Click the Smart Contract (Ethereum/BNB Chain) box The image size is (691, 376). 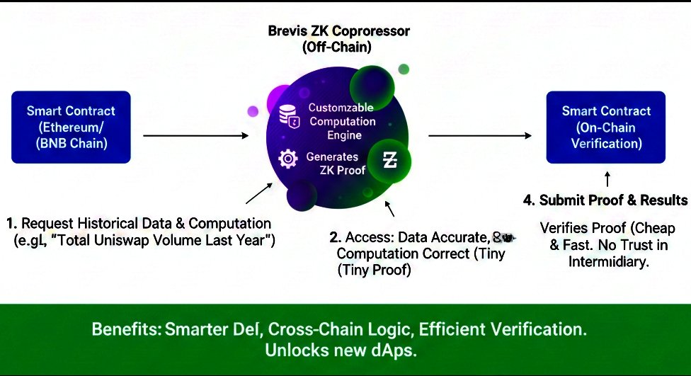click(x=71, y=127)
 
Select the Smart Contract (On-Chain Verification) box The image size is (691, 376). click(x=606, y=127)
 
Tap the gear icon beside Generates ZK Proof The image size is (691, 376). click(x=287, y=159)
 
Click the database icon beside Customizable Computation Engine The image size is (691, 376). click(x=290, y=116)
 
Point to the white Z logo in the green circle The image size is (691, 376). click(x=389, y=160)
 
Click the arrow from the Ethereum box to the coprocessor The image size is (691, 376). click(x=196, y=136)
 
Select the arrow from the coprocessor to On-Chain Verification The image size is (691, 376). click(x=480, y=136)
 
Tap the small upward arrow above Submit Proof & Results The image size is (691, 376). click(x=607, y=179)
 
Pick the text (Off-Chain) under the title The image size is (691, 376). click(x=337, y=47)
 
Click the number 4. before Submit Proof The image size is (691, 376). click(x=529, y=200)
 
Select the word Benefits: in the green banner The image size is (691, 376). click(x=127, y=329)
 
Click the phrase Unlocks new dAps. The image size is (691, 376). click(x=341, y=351)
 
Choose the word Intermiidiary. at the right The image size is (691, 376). click(x=609, y=262)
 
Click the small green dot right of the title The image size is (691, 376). click(x=404, y=69)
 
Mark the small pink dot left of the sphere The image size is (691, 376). click(x=253, y=111)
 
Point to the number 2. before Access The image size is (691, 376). click(x=336, y=238)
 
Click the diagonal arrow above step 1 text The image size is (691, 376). click(x=259, y=193)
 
